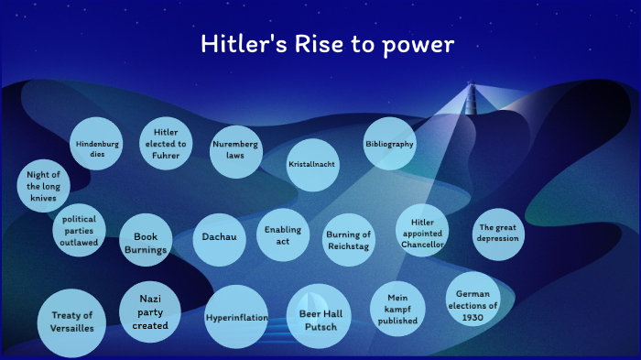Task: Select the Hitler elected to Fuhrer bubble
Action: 166,144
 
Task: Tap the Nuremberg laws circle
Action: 235,150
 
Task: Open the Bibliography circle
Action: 390,144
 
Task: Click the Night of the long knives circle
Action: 42,186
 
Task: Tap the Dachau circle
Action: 220,237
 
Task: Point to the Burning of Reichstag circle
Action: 349,240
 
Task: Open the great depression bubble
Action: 498,233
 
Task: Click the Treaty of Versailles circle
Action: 66,322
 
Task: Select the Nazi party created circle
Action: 150,311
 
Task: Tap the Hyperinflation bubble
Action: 236,318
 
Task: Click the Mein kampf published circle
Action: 397,309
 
